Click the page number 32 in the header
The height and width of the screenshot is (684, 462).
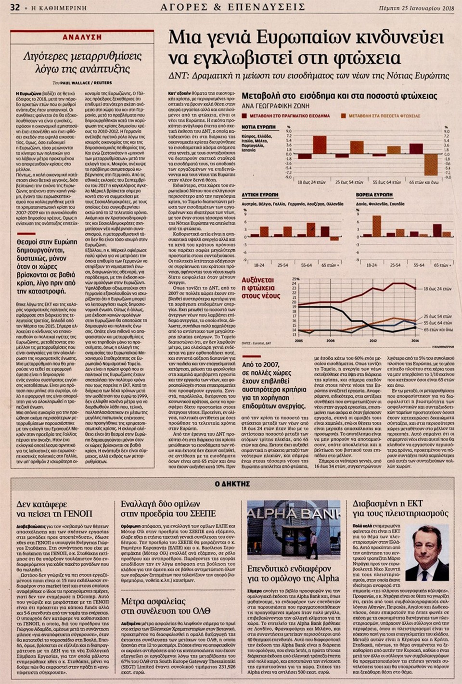coord(14,7)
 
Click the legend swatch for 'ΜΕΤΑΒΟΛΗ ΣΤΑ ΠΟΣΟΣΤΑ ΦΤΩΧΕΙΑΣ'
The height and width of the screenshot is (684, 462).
coord(344,116)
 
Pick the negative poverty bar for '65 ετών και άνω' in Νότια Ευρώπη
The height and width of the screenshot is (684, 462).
coord(431,165)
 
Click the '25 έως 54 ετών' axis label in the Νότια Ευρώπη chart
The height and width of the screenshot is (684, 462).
coord(349,182)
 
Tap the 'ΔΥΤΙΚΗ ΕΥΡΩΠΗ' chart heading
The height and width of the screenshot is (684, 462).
coord(260,195)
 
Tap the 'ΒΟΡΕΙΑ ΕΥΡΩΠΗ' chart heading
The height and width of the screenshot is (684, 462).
coord(373,195)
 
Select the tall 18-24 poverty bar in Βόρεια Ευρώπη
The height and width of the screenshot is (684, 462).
coord(377,226)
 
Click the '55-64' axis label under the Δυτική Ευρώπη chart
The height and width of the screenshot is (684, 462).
coord(306,265)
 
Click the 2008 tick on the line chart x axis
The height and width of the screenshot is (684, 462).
coord(331,341)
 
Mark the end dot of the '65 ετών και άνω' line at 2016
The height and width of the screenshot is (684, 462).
coord(415,328)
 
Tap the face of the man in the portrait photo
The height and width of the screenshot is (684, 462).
coord(426,545)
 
